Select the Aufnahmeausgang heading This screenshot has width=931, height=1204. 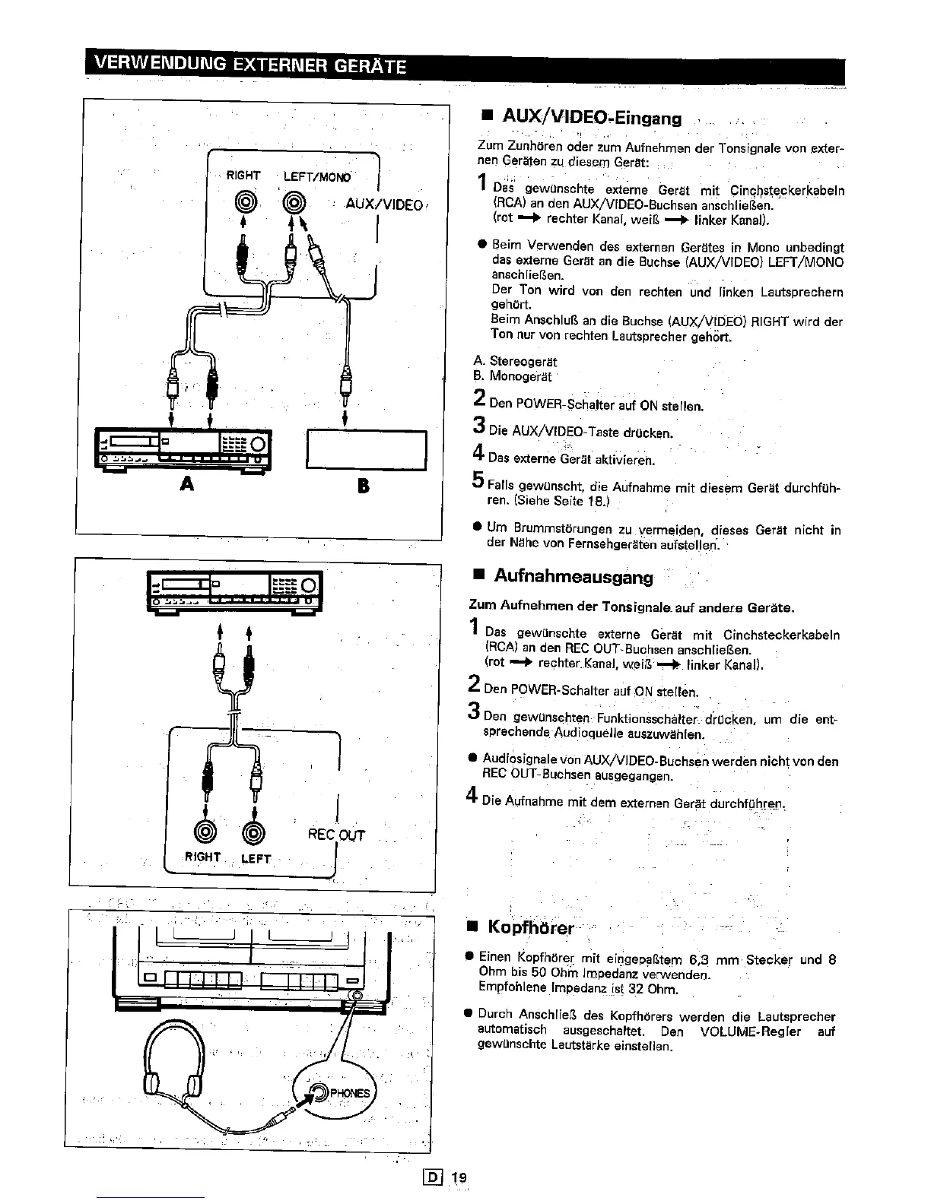573,577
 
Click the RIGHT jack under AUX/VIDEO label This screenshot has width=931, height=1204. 243,202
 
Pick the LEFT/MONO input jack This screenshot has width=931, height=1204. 293,202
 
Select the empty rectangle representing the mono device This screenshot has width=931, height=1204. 366,451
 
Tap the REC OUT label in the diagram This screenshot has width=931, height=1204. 336,835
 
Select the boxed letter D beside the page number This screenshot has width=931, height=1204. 437,1178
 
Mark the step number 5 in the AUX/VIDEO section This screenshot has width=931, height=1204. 478,480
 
